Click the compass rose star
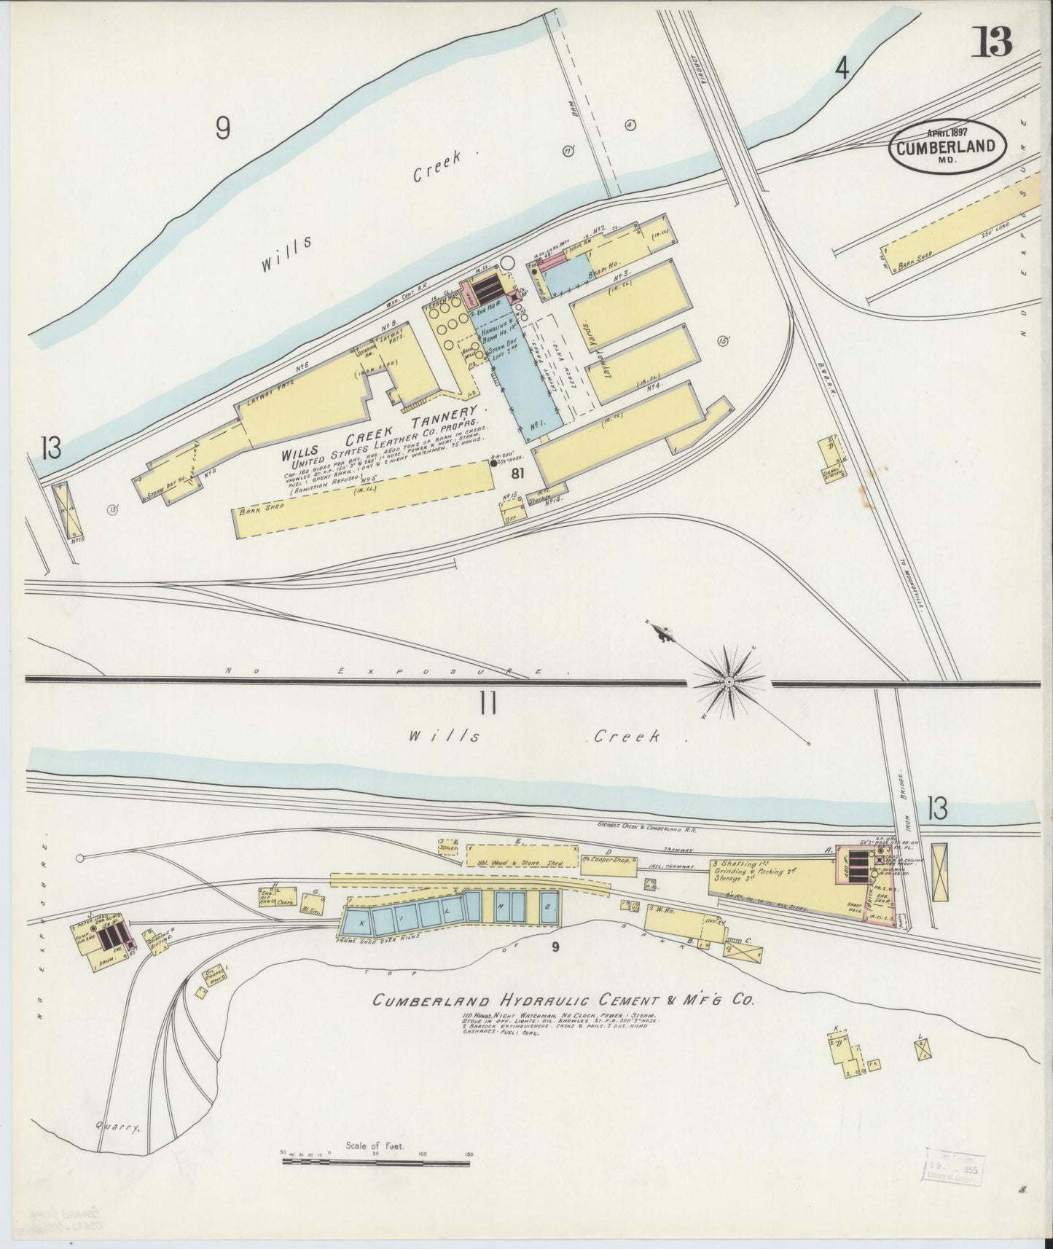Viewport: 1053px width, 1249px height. pos(728,681)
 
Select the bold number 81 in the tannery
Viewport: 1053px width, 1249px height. pos(518,474)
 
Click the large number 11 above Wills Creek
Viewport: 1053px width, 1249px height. pos(488,704)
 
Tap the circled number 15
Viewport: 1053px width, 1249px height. pos(724,340)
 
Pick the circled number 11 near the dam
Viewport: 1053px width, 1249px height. pos(570,151)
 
